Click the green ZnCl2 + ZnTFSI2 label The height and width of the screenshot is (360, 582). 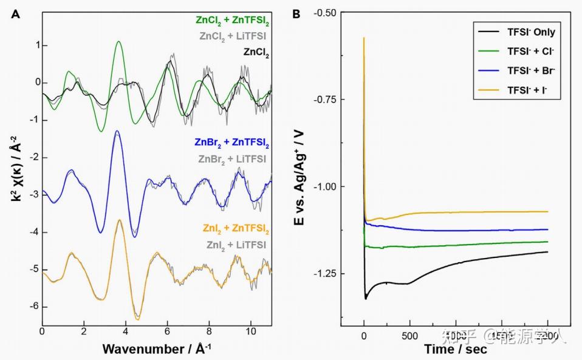point(233,21)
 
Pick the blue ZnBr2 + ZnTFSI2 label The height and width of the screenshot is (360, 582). point(233,144)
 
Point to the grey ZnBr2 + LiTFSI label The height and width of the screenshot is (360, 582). point(235,158)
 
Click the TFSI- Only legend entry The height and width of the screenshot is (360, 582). point(531,32)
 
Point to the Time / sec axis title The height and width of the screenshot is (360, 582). point(456,349)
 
